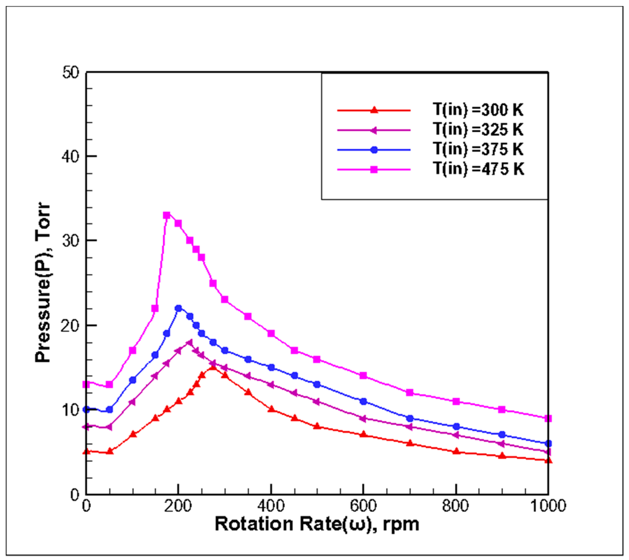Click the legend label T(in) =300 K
pos(478,110)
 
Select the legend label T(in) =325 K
pos(478,130)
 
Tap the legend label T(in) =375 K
pos(478,149)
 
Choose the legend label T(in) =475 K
pos(478,169)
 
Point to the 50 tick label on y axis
pos(70,73)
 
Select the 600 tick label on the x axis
pos(363,506)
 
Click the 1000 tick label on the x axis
pos(548,506)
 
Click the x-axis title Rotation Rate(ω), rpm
pos(317,524)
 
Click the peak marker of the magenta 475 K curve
pos(167,215)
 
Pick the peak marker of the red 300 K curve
pos(213,367)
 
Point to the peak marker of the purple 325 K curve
pos(189,343)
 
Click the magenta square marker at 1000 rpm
pos(548,418)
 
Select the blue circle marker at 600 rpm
pos(363,401)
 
